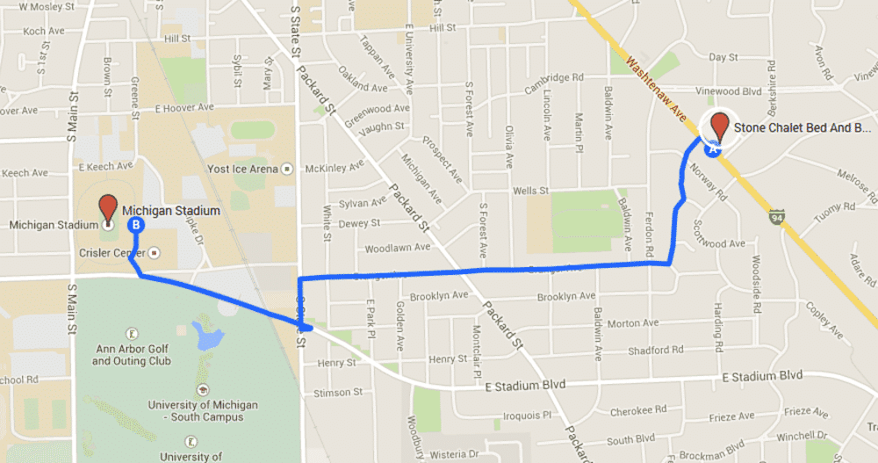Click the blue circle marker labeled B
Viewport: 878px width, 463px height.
pos(136,225)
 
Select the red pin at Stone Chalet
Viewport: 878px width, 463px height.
pos(720,126)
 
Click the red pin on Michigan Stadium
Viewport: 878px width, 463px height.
pos(108,208)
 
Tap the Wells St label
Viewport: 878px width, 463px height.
pos(530,190)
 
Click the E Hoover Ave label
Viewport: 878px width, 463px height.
pos(184,109)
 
